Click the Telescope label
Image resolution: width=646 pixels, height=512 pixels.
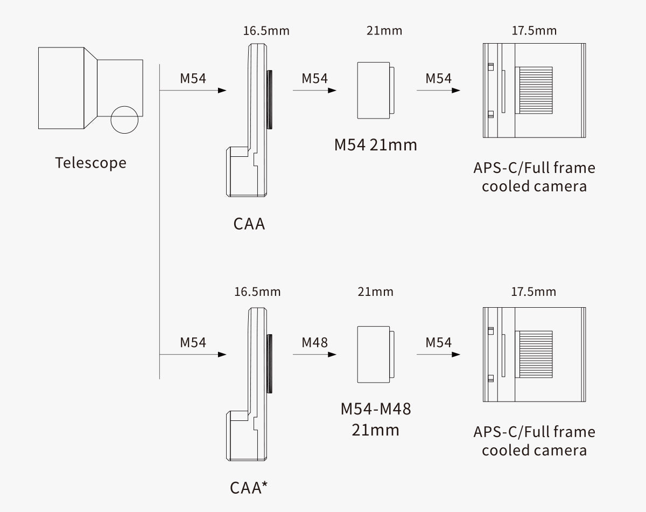tap(90, 163)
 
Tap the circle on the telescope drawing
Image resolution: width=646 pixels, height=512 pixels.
tap(124, 120)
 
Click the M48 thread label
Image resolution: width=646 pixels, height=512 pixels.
tap(314, 342)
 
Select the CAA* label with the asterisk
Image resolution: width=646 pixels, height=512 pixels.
tap(249, 487)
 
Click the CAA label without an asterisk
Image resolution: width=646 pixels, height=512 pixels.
tap(249, 223)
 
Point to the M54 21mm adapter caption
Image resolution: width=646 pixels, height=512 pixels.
tap(375, 144)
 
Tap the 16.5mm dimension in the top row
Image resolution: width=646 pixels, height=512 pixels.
tap(266, 30)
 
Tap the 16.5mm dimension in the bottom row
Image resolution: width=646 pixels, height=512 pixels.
tap(257, 292)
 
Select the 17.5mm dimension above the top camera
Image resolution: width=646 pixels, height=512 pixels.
tap(534, 30)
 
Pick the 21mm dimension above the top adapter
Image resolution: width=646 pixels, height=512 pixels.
tap(384, 30)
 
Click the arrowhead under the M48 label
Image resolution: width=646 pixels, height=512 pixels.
tap(332, 354)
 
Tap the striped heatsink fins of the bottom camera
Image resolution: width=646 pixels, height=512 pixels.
tap(535, 354)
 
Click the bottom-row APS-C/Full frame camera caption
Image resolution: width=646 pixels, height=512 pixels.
tap(534, 440)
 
